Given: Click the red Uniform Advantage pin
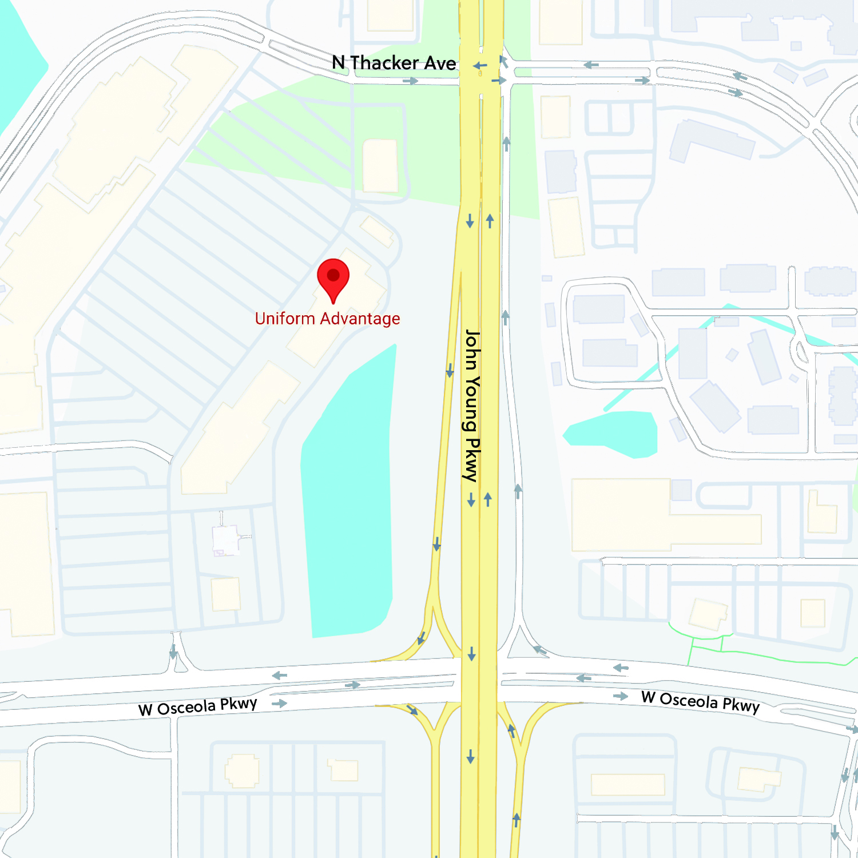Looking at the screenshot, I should point(333,278).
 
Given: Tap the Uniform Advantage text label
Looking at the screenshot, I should point(327,319).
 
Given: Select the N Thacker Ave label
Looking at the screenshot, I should point(394,63).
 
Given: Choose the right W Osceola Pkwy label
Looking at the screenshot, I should point(700,702).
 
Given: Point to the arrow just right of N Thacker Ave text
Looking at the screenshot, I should point(480,66).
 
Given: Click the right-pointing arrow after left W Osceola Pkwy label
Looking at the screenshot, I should point(279,703).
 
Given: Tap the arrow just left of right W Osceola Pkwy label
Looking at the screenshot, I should point(621,696).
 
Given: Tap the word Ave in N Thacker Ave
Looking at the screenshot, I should point(440,63).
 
